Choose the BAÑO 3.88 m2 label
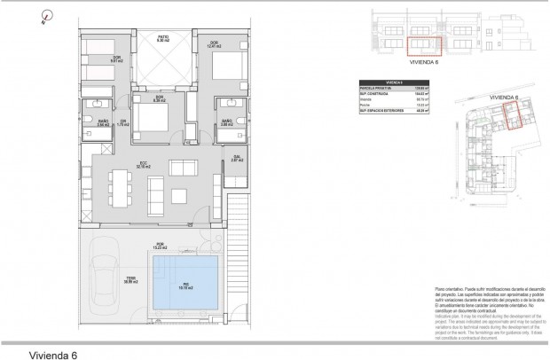[225, 122]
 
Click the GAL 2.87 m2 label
[236, 160]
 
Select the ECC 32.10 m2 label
[142, 166]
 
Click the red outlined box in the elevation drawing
[424, 43]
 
